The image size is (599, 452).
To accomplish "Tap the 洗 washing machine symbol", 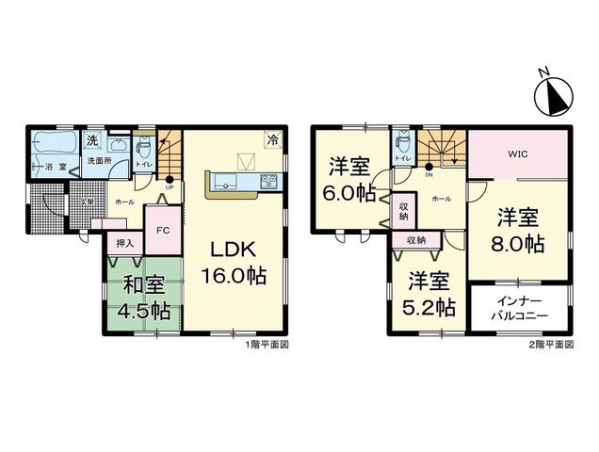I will pos(92,141).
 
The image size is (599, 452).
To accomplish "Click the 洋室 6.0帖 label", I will pos(351,178).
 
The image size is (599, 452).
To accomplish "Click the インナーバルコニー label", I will pos(517,308).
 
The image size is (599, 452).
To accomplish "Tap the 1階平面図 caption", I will pos(266,345).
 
